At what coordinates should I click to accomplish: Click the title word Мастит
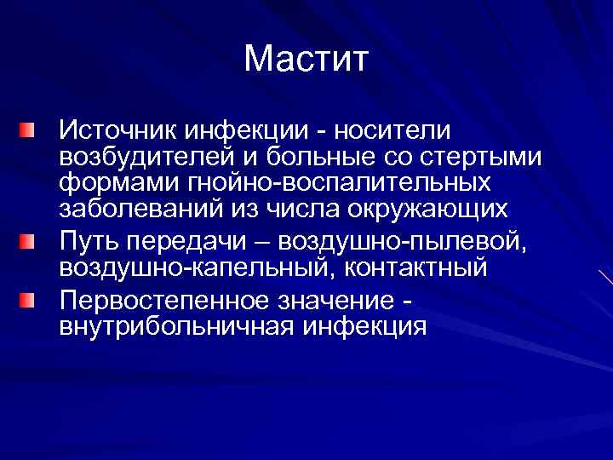306,60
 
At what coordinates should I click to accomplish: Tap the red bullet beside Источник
30,130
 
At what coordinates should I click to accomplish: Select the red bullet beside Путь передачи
30,241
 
